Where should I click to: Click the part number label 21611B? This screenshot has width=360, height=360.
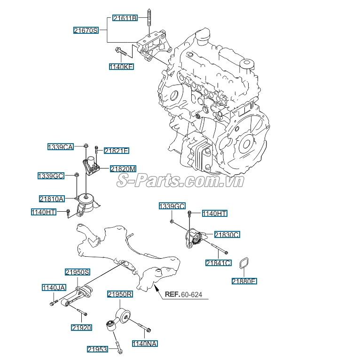click(x=125, y=18)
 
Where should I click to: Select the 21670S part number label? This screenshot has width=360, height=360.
click(x=86, y=31)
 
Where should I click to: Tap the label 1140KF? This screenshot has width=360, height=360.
click(x=121, y=67)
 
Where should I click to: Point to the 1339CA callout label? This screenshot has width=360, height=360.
click(x=61, y=147)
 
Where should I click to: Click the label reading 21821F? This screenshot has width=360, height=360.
click(x=116, y=151)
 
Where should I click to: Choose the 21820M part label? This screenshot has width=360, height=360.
click(x=123, y=169)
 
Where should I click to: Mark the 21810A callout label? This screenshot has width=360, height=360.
click(x=52, y=199)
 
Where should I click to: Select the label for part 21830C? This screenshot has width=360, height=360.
click(x=227, y=234)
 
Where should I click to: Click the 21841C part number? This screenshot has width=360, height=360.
click(x=218, y=263)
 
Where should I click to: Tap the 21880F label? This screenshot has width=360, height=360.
click(x=244, y=282)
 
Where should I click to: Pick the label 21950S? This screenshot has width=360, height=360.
click(x=78, y=272)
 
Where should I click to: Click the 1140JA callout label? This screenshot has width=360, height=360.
click(x=54, y=287)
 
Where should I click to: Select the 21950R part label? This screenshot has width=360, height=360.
click(x=120, y=294)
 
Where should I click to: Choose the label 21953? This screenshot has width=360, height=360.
click(x=97, y=349)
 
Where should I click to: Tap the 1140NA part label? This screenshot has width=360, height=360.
click(x=144, y=344)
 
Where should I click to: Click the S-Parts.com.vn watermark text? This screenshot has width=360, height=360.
click(x=180, y=181)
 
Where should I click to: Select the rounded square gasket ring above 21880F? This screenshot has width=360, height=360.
click(x=244, y=265)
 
